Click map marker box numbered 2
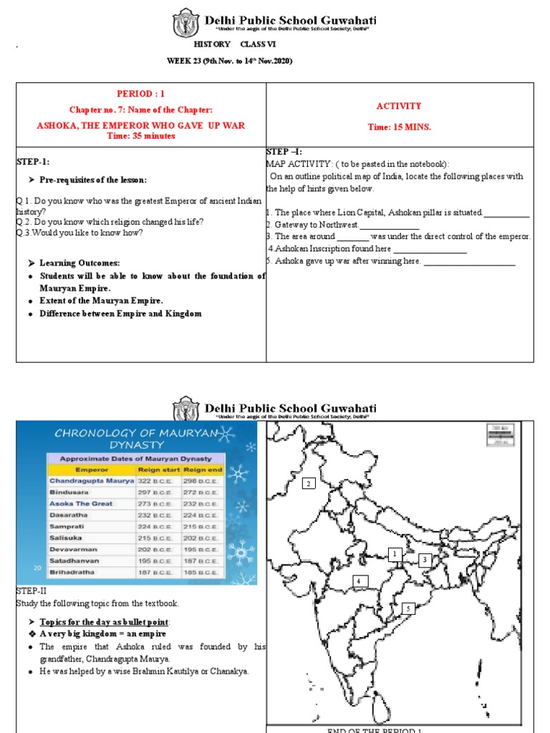coord(309,484)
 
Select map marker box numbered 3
coord(425,560)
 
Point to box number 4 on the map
coord(359,581)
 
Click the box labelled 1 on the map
coord(393,554)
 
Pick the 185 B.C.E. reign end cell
coord(203,573)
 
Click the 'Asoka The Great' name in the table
coord(81,504)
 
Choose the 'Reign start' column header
coord(158,470)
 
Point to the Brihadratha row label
coord(72,573)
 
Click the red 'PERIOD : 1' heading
coord(140,94)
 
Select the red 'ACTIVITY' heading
coord(399,106)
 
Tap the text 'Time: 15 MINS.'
coord(399,127)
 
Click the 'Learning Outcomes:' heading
coord(79,263)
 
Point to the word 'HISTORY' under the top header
coord(212,44)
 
